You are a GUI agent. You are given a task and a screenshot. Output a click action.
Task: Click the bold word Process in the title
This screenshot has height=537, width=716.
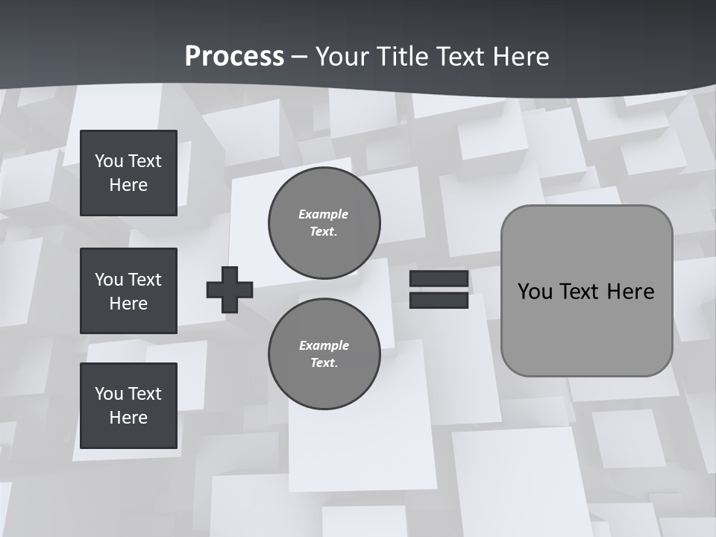click(x=234, y=57)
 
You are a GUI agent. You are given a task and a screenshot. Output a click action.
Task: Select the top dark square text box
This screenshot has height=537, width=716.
click(x=128, y=173)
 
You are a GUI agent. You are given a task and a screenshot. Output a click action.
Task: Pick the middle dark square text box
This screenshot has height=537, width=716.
click(x=128, y=291)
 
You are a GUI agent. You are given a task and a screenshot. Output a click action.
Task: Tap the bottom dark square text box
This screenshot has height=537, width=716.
click(x=128, y=406)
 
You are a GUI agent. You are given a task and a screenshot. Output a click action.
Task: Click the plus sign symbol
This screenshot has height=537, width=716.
click(x=230, y=289)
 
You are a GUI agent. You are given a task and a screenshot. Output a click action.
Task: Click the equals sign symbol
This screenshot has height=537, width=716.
click(x=439, y=289)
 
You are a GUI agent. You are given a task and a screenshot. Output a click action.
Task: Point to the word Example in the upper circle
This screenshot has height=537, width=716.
click(x=323, y=214)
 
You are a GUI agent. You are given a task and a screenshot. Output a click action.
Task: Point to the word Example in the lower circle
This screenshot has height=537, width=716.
click(x=324, y=345)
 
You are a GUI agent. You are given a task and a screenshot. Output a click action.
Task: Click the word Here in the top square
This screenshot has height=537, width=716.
click(x=128, y=185)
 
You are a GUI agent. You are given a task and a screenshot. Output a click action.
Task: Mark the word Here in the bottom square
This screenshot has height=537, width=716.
click(x=128, y=418)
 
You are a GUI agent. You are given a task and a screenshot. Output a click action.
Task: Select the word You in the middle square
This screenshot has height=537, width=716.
click(x=109, y=280)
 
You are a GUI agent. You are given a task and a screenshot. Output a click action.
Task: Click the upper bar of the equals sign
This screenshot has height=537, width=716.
click(x=439, y=279)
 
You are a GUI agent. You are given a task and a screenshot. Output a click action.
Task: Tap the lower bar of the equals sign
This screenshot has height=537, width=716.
click(x=439, y=300)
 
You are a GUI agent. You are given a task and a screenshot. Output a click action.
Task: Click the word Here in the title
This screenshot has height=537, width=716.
click(x=521, y=57)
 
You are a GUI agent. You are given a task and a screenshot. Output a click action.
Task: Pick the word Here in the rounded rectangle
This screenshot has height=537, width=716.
click(x=631, y=292)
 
